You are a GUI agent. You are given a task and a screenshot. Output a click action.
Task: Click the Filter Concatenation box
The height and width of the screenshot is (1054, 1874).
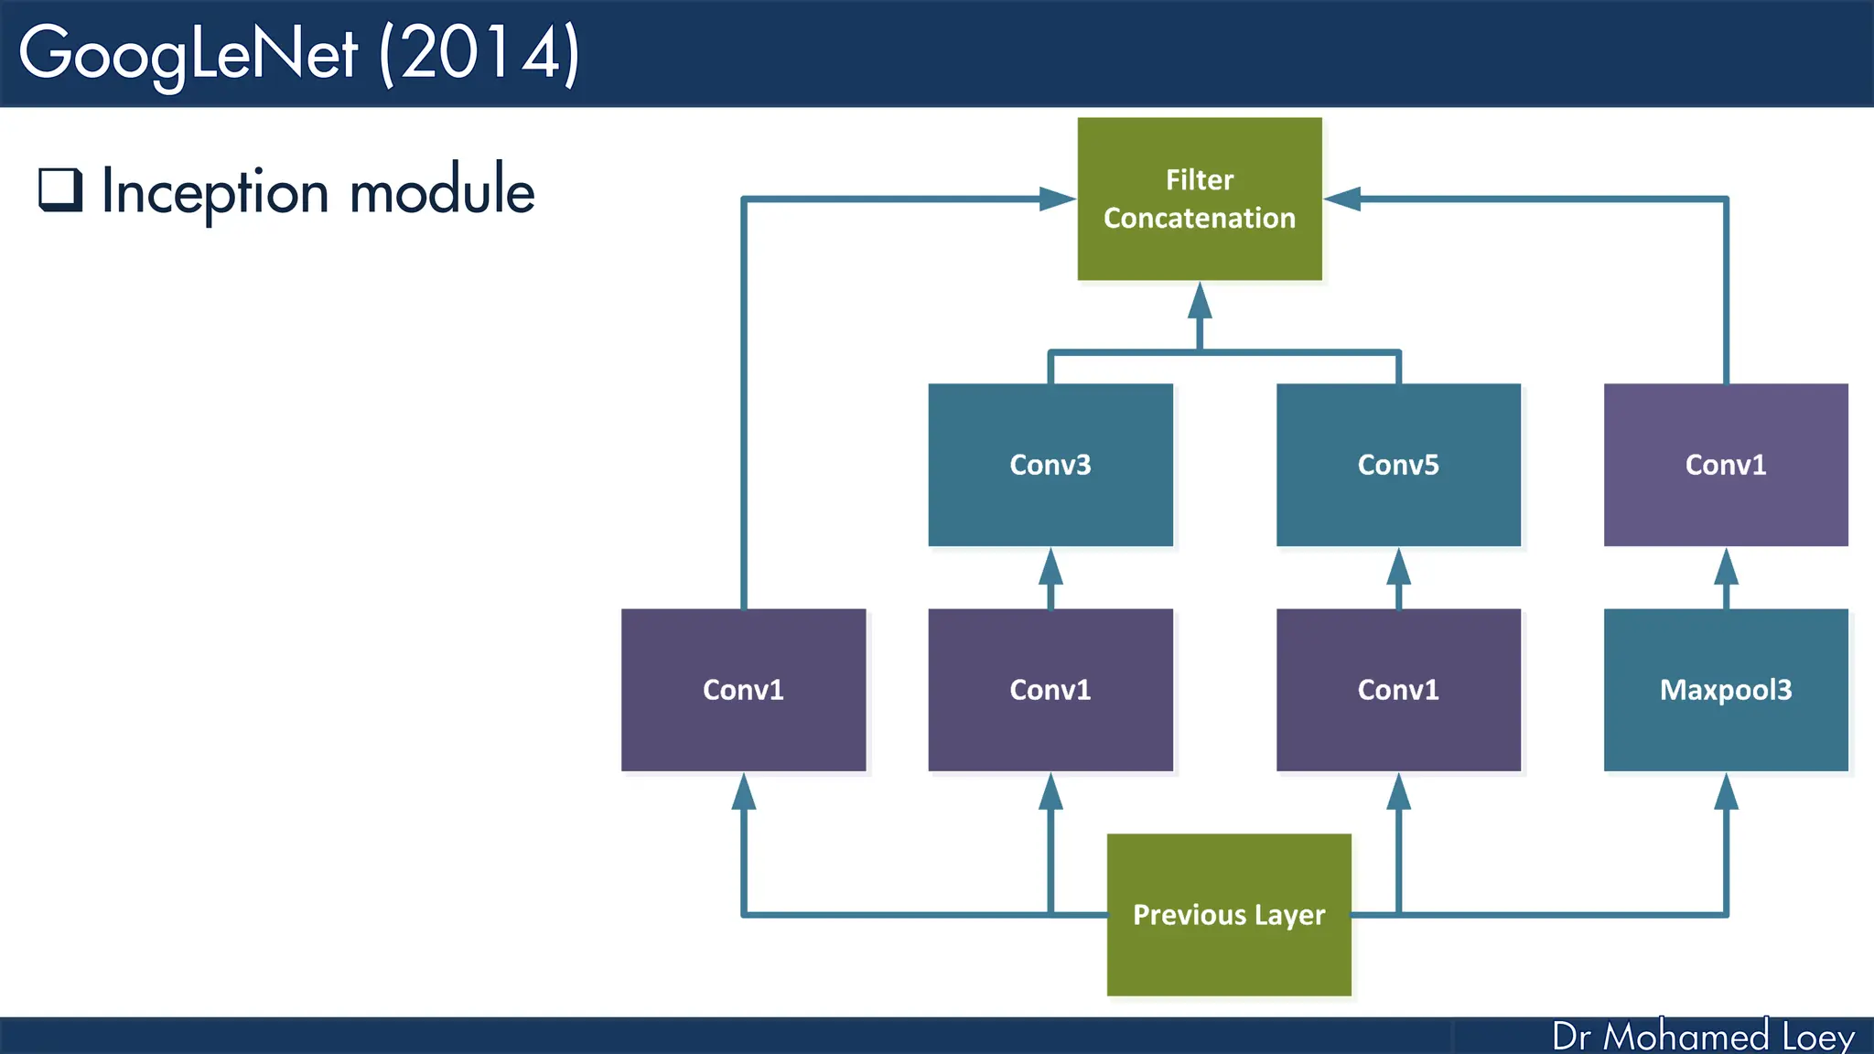coord(1199,199)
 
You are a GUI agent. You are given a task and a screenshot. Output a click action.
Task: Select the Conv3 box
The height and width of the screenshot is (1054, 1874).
coord(1050,465)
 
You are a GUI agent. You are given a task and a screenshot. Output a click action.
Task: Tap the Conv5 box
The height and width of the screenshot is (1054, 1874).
coord(1397,465)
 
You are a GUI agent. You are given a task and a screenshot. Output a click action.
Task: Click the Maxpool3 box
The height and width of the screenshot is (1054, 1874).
coord(1725,690)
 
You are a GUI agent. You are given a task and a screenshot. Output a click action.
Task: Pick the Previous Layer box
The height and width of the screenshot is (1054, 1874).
coord(1228,914)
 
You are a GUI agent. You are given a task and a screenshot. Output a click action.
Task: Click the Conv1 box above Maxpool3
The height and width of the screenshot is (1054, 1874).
coord(1725,465)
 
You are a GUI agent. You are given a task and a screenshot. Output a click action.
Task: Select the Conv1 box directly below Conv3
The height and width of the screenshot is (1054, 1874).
coord(1050,690)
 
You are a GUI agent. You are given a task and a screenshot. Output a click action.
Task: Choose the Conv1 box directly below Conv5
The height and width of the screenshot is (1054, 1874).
coord(1397,690)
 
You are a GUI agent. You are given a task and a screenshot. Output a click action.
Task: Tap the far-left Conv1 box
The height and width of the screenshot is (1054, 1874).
coord(743,690)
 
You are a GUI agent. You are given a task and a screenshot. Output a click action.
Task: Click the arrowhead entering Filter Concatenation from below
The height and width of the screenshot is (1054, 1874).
coord(1200,301)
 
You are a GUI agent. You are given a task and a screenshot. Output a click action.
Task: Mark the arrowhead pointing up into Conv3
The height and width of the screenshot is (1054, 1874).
coord(1050,567)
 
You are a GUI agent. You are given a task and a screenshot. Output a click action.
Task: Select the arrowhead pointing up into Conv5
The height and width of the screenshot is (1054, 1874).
coord(1398,567)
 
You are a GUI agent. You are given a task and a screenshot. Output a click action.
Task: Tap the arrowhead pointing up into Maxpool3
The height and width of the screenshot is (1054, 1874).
coord(1726,792)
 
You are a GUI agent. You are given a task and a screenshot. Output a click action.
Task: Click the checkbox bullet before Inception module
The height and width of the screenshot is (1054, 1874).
coord(60,189)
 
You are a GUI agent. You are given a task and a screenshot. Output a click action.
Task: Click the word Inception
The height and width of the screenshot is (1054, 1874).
coord(215,192)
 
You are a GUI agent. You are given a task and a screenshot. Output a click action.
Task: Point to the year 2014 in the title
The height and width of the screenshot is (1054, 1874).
coord(479,53)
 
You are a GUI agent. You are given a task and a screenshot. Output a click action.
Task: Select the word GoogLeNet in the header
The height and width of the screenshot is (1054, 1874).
coord(188,53)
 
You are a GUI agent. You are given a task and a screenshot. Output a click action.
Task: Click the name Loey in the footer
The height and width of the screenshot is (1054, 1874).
coord(1817,1037)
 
